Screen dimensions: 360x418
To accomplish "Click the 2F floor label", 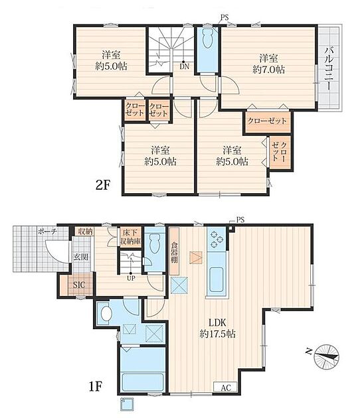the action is click(x=103, y=185).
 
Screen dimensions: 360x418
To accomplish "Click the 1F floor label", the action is click(x=96, y=387).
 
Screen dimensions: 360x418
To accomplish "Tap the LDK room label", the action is click(x=217, y=322).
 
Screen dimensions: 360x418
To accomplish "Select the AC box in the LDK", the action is click(x=226, y=387).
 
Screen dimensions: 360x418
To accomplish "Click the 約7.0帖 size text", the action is click(x=269, y=70).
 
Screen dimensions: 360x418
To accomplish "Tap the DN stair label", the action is click(x=184, y=66).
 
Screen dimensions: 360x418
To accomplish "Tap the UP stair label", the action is click(x=131, y=278).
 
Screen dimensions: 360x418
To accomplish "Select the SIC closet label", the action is click(x=79, y=285).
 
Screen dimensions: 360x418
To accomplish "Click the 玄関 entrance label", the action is click(x=81, y=257).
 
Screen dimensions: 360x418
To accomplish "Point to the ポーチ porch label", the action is click(x=47, y=231).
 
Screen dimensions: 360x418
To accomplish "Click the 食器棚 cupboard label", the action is click(x=174, y=252).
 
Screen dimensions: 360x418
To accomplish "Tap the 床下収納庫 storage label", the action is click(x=131, y=237).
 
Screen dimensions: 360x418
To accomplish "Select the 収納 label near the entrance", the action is click(x=85, y=232).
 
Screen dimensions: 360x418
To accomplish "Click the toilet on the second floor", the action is click(x=207, y=38).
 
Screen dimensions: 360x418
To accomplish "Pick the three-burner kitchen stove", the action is click(x=217, y=239).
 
